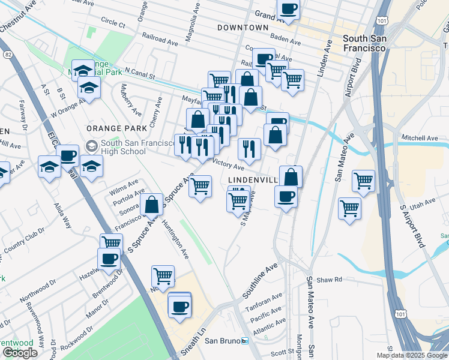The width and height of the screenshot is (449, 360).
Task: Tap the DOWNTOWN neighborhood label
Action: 243,28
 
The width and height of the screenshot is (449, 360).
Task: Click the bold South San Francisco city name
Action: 372,43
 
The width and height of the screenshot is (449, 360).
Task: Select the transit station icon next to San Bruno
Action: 244,341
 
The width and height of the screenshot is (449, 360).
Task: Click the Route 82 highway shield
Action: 8,55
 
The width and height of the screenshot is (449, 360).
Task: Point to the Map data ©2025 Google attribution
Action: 412,355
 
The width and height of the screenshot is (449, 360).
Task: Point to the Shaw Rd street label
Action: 329,280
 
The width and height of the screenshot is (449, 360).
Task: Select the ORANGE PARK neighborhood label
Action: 116,128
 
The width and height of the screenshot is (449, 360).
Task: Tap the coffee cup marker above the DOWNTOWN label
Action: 288,10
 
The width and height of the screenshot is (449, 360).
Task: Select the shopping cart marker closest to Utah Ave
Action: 349,209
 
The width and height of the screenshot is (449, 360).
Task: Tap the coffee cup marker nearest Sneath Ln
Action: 179,308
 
